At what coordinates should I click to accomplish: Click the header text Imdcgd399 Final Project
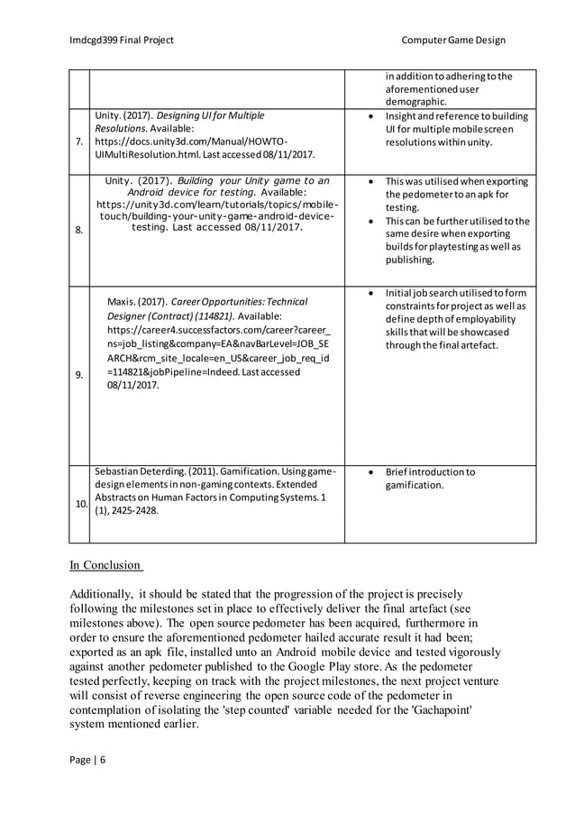(122, 40)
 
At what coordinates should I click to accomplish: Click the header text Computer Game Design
(453, 40)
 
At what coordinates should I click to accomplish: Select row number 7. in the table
(79, 142)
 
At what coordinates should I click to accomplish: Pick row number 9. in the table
(79, 376)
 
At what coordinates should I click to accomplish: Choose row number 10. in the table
(79, 504)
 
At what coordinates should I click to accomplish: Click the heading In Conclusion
(105, 565)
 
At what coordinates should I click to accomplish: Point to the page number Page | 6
(87, 759)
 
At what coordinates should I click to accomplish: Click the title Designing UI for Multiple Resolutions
(180, 123)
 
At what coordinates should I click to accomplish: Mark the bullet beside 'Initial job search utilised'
(371, 293)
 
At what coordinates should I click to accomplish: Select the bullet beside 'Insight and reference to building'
(371, 116)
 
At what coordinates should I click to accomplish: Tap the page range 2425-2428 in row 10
(132, 510)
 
